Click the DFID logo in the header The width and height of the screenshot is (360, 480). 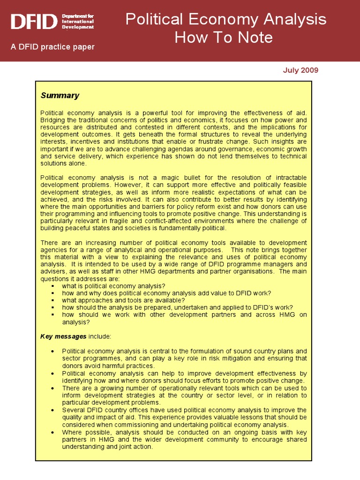(x=34, y=22)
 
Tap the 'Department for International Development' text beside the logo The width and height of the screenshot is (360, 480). (x=78, y=22)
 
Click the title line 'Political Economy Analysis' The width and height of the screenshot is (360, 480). (x=225, y=19)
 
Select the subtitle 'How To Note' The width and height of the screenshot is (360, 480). (x=223, y=37)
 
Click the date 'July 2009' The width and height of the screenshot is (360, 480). (x=300, y=70)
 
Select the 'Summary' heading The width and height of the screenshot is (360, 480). (x=60, y=96)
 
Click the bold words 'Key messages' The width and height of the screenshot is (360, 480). (x=63, y=337)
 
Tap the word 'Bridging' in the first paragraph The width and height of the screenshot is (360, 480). (x=54, y=120)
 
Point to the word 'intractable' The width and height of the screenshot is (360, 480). (x=289, y=178)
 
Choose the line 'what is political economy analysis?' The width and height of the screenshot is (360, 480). (x=113, y=286)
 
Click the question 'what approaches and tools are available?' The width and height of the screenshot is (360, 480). (x=123, y=300)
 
